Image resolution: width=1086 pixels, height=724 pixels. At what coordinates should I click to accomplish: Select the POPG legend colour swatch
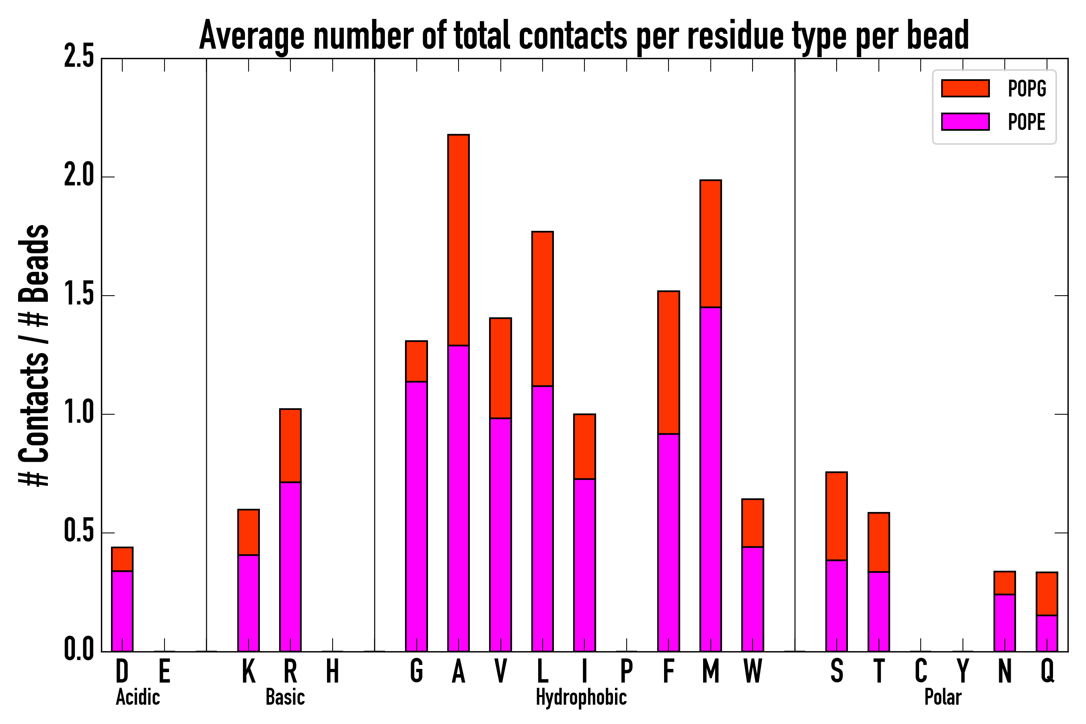[x=965, y=88]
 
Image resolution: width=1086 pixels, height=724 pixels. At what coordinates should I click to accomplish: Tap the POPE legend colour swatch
[x=965, y=122]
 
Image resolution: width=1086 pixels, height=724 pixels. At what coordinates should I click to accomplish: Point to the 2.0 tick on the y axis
[x=79, y=177]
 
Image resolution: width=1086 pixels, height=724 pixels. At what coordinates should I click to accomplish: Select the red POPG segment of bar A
[x=459, y=240]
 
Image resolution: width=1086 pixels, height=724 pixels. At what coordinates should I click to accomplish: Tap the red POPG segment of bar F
[x=668, y=362]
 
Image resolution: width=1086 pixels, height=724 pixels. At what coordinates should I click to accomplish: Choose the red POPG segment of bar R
[x=290, y=446]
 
